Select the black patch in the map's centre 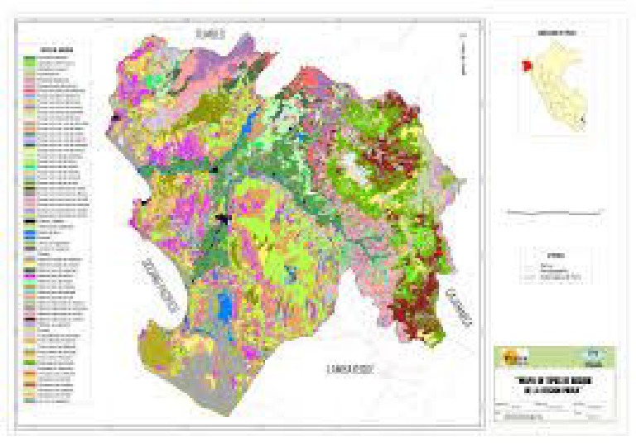[x=222, y=220]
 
